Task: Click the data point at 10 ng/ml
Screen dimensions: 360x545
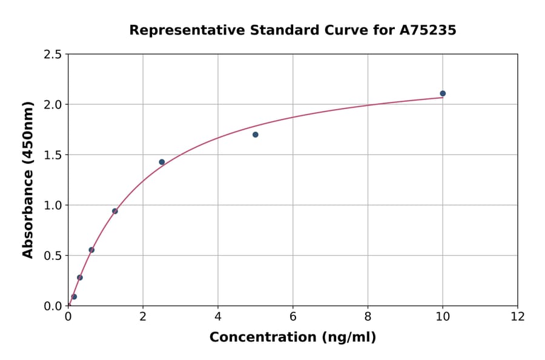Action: pos(443,93)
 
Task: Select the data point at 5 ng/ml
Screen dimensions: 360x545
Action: pos(256,135)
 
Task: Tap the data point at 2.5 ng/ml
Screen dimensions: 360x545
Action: pos(162,162)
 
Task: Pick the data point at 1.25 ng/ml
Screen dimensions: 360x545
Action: pos(115,211)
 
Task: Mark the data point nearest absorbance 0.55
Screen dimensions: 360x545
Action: pos(91,250)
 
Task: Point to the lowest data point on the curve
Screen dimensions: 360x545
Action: pos(74,297)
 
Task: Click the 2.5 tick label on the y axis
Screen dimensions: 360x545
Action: pos(53,55)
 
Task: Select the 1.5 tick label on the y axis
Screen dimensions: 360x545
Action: pos(53,155)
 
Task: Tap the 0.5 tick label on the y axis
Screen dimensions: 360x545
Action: pos(53,256)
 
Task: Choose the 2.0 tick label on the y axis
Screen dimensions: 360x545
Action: pos(53,105)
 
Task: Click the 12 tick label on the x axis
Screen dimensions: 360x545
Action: pos(518,316)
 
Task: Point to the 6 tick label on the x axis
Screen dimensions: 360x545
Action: pos(293,316)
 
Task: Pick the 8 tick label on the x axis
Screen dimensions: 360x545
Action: pos(368,316)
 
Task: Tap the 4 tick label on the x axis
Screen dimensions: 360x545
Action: pos(218,316)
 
